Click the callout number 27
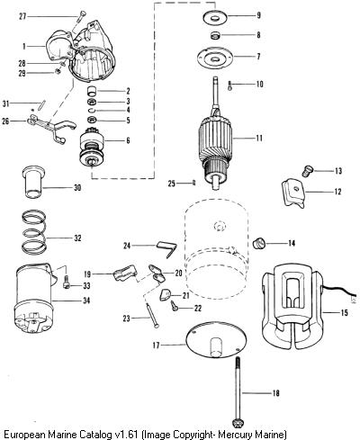[22, 16]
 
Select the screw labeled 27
[80, 16]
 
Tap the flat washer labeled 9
[215, 17]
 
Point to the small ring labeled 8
[215, 35]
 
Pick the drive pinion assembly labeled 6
[92, 147]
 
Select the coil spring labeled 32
[35, 231]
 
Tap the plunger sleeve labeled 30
[33, 183]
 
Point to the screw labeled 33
[67, 283]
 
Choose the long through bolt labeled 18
[238, 387]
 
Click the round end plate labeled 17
[216, 339]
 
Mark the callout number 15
[345, 313]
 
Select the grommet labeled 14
[258, 243]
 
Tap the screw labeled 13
[308, 171]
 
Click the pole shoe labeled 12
[292, 193]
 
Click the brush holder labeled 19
[125, 273]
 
